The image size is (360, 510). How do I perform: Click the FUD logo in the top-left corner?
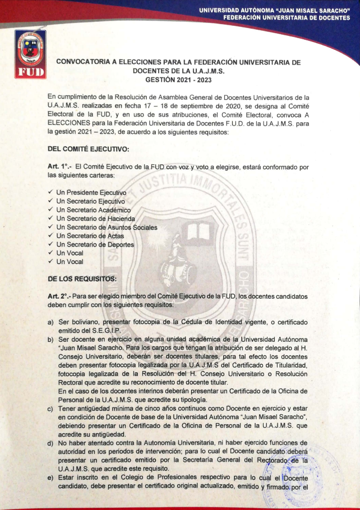(29, 54)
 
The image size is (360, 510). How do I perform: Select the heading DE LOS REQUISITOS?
(82, 278)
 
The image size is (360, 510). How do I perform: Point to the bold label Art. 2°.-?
(60, 295)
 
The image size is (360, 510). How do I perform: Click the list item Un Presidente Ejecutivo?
(91, 193)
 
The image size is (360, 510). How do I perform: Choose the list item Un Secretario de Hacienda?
(95, 219)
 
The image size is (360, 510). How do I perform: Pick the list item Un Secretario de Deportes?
(95, 244)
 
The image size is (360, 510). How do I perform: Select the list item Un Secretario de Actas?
(90, 236)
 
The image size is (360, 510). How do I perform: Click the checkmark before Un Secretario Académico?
(50, 210)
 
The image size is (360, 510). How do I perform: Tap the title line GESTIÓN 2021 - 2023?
(178, 80)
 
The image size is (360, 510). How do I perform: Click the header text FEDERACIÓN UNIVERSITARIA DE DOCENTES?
(287, 17)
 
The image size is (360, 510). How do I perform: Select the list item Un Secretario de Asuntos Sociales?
(107, 228)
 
